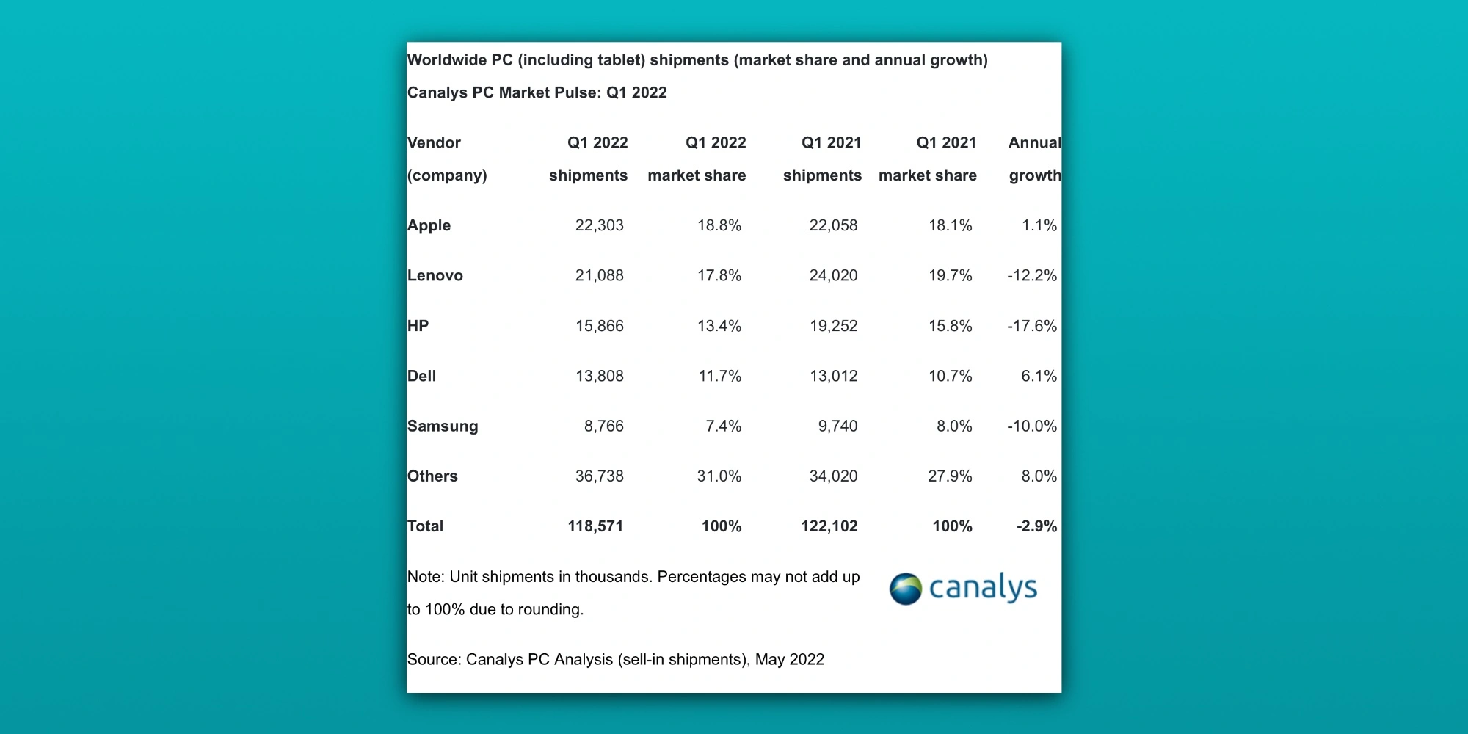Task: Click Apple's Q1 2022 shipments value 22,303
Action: pos(599,225)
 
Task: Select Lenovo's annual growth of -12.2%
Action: pos(1031,275)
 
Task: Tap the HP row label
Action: pos(418,326)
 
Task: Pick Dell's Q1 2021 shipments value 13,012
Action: pos(833,376)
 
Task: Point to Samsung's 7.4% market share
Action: pos(723,426)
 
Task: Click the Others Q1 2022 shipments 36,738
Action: pos(599,476)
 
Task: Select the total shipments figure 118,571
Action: pos(595,526)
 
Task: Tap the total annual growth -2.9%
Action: pos(1036,526)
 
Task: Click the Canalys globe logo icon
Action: pos(905,589)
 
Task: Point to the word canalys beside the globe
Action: pos(983,587)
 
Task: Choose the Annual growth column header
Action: pos(1034,159)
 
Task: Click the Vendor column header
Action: pos(434,143)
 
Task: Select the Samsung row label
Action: pos(443,426)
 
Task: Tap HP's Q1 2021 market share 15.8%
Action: pos(950,326)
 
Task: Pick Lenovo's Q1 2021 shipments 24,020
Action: pos(833,275)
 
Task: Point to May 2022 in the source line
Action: pos(789,659)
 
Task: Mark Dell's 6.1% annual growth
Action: pos(1039,376)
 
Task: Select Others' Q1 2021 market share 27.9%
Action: pos(950,476)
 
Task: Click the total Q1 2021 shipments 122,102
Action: pos(829,526)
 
